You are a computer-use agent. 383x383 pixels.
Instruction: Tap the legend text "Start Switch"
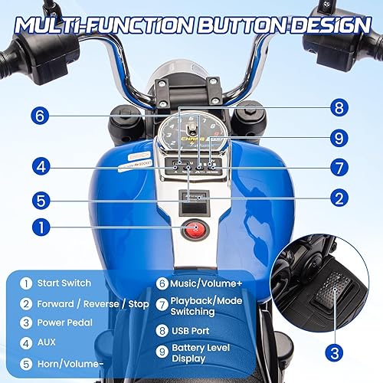point(65,283)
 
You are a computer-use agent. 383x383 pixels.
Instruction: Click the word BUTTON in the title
point(233,23)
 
